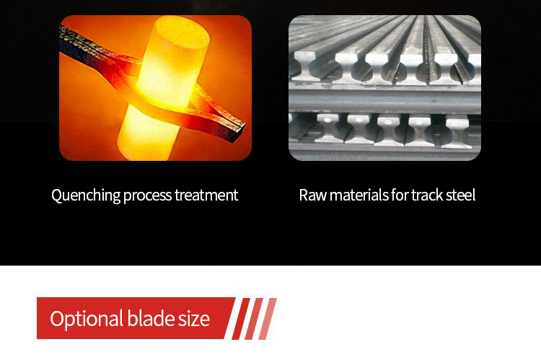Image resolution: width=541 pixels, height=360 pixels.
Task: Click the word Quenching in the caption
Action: coord(86,196)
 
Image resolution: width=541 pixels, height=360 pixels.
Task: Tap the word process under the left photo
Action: coord(147,196)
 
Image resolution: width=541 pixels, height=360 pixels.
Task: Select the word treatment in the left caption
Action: coord(206,195)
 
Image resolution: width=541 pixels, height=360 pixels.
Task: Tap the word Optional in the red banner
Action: coord(87,319)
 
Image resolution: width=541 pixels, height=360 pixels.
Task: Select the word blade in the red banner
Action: coord(151,318)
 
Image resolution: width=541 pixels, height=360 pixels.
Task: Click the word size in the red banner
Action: coord(194,319)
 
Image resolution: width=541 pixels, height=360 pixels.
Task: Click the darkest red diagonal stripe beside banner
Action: coord(241,319)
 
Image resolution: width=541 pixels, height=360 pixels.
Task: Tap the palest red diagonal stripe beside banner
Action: coord(268,319)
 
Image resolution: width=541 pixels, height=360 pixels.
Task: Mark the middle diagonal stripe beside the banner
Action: coord(254,319)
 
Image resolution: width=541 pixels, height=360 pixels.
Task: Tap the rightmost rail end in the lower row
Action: coord(457,131)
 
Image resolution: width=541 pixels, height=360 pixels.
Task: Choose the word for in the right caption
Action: coord(400,195)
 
